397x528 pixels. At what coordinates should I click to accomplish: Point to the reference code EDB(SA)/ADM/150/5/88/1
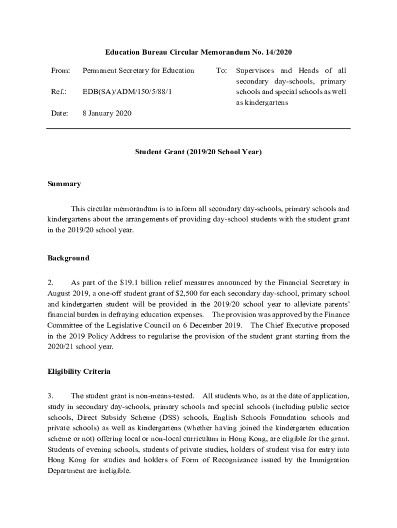(127, 91)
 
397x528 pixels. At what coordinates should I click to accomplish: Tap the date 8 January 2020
(107, 113)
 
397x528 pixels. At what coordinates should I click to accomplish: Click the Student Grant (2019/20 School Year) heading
(198, 152)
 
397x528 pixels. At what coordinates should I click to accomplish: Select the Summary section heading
(64, 184)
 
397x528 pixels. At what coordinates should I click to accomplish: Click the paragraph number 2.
(51, 283)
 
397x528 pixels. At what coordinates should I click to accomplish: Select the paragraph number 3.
(51, 396)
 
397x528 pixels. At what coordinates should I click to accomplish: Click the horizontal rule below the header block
(198, 128)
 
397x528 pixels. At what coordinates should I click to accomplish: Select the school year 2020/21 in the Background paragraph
(62, 346)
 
